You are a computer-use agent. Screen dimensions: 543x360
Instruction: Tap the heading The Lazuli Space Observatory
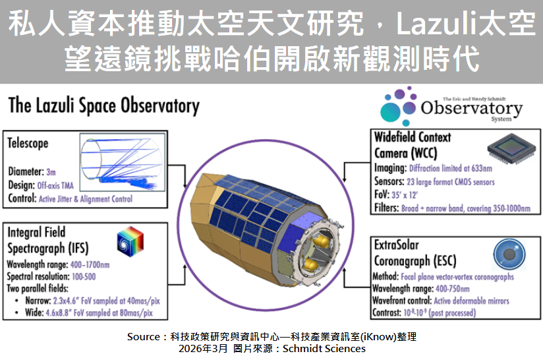click(x=104, y=105)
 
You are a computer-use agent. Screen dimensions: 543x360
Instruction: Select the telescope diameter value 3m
click(x=51, y=172)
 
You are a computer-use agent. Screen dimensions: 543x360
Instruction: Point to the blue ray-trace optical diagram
click(x=123, y=162)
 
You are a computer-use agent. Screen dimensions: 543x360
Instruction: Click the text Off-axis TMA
click(x=55, y=185)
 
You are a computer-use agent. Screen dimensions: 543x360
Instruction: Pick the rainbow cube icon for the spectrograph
click(x=130, y=241)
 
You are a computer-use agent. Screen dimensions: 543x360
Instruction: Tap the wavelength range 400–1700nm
click(x=90, y=265)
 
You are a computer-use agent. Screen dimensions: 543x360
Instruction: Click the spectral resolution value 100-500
click(x=84, y=277)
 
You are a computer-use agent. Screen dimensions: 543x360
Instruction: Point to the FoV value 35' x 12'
click(x=405, y=195)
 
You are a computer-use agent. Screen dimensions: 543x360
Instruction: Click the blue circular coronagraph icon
click(x=509, y=255)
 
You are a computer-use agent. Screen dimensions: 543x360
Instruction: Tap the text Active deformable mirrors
click(x=471, y=301)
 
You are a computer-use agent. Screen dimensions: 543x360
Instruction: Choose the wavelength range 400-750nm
click(x=452, y=289)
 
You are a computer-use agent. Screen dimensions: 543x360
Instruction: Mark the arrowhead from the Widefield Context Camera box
click(x=344, y=178)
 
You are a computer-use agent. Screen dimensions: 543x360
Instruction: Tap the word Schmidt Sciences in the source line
click(x=324, y=349)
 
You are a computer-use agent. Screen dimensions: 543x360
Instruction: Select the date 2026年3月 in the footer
click(x=203, y=349)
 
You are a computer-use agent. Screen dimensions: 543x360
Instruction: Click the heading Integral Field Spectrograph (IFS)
click(x=48, y=241)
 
